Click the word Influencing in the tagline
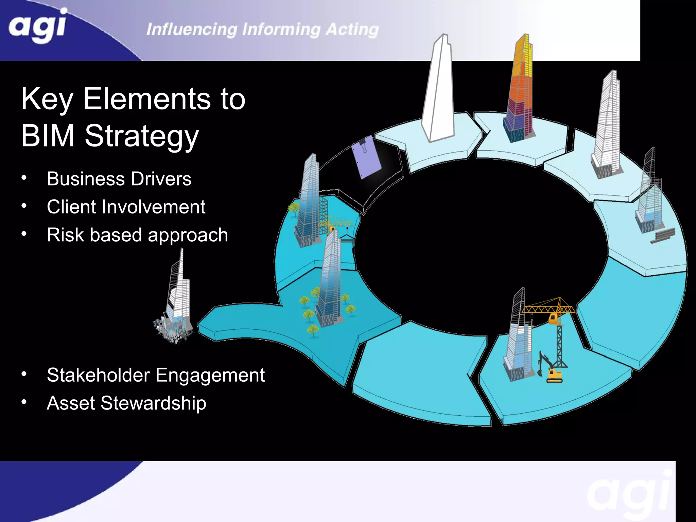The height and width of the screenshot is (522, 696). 192,30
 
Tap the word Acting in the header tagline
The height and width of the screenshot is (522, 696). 352,30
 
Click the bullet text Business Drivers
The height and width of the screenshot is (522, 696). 119,179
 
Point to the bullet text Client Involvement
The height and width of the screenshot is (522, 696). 126,207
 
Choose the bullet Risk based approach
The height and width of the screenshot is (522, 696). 137,235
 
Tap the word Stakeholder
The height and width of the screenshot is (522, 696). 99,375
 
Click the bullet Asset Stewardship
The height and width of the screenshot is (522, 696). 126,403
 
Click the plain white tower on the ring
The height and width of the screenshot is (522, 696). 438,92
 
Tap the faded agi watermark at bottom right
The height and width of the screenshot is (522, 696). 629,493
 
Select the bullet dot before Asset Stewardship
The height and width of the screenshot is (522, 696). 24,402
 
